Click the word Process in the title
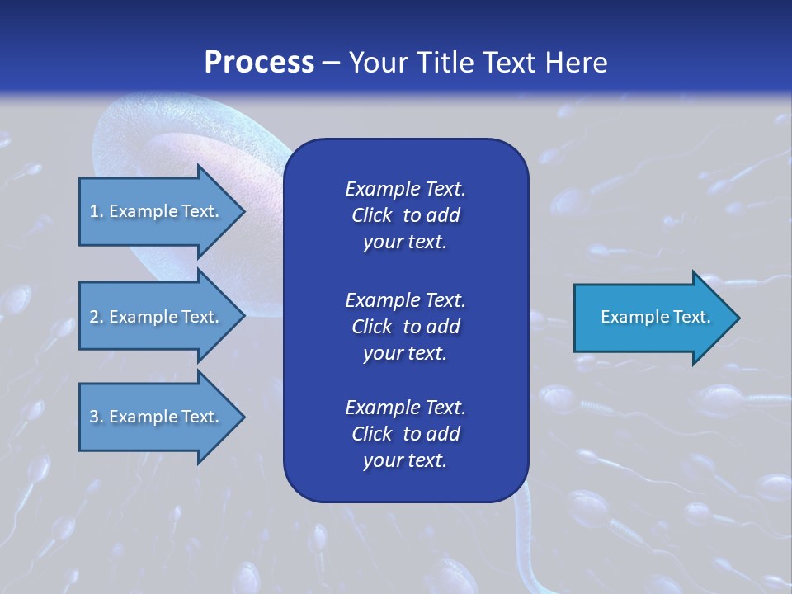point(259,63)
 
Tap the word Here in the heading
point(577,63)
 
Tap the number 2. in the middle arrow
point(97,317)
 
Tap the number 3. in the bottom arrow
point(97,417)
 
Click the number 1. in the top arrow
point(96,211)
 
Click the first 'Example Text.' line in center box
point(405,189)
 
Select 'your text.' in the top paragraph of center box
point(405,243)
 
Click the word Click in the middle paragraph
point(372,327)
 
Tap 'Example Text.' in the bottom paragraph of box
point(405,408)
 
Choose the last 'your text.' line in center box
point(405,461)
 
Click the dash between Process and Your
point(332,63)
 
